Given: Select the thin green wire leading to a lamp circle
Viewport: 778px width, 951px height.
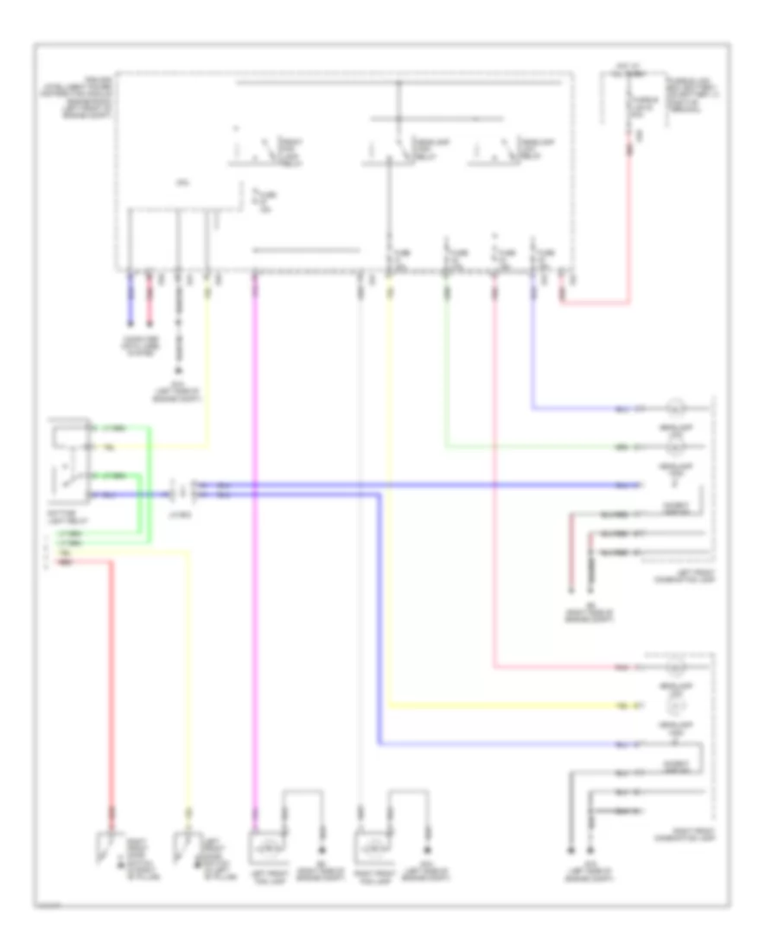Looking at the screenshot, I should click(447, 363).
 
